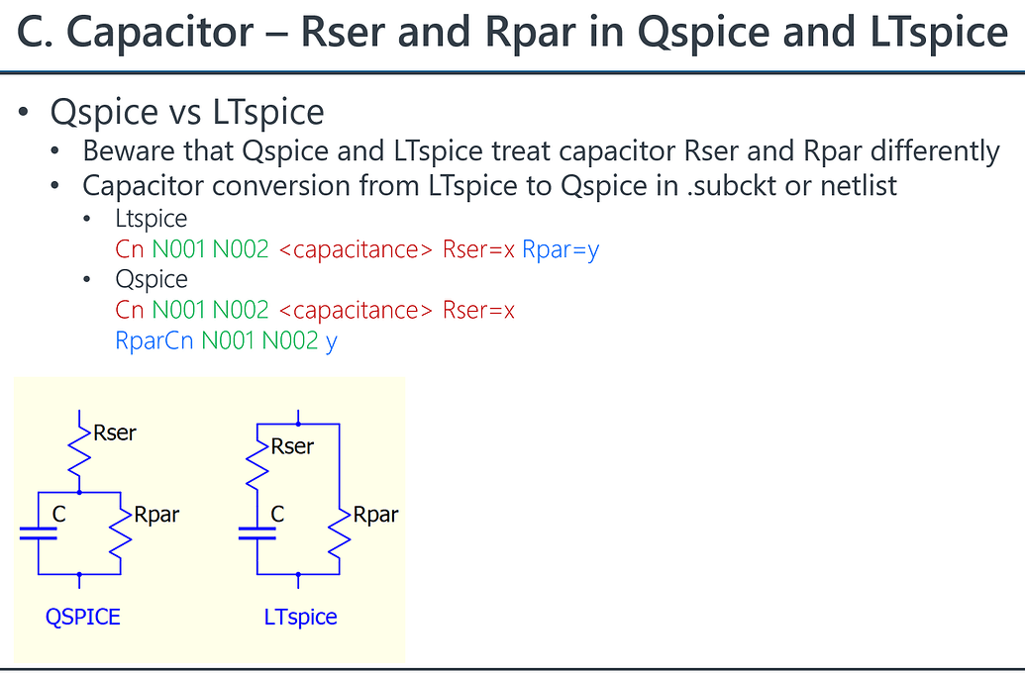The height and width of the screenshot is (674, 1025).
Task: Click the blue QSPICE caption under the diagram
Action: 83,617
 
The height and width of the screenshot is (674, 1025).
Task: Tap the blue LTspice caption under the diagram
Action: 300,617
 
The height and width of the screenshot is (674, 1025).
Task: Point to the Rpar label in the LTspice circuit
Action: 375,515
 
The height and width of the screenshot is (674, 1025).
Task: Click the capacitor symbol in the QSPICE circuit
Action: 38,532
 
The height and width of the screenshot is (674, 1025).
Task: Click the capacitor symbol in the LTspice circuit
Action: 257,532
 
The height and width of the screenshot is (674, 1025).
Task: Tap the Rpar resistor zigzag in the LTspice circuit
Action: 340,532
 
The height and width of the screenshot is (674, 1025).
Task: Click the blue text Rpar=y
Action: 561,249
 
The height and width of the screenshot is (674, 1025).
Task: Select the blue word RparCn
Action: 154,340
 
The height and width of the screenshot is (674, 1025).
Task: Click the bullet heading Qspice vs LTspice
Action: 187,111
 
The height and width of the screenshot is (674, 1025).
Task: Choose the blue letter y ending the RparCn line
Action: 331,342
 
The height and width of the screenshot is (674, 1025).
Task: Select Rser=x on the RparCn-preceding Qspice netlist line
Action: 478,310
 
